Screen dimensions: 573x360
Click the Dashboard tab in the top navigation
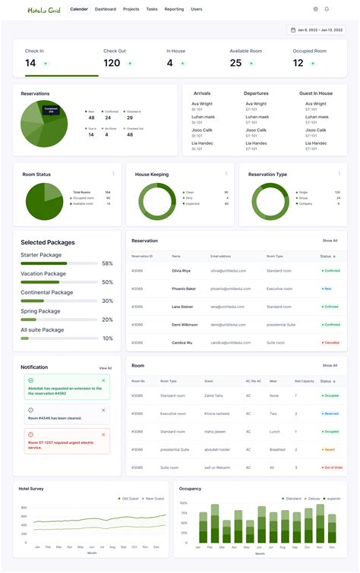[x=106, y=9]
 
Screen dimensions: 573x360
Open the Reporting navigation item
[x=174, y=9]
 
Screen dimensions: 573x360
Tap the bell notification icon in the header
[x=327, y=9]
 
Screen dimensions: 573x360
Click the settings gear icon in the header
[x=315, y=9]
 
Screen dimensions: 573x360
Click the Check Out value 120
[x=112, y=63]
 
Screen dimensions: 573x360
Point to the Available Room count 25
[x=235, y=63]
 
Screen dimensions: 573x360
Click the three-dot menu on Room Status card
[x=113, y=174]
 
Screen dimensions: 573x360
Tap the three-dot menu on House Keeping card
[x=226, y=174]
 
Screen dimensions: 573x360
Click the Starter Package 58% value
[x=107, y=263]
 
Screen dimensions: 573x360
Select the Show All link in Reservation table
[x=330, y=241]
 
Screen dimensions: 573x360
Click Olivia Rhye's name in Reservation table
[x=181, y=270]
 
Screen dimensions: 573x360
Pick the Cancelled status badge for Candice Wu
[x=330, y=342]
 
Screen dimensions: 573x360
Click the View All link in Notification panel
[x=105, y=368]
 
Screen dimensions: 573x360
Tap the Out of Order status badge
[x=332, y=468]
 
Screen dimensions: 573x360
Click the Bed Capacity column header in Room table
[x=304, y=381]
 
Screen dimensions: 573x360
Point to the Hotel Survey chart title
[x=31, y=489]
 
